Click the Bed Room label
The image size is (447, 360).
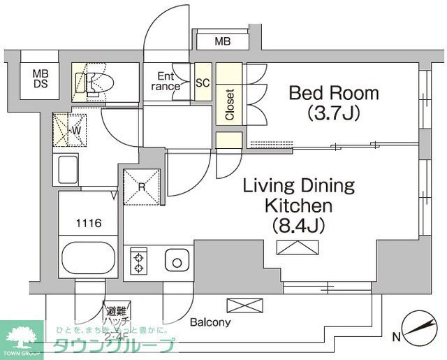pyautogui.click(x=334, y=93)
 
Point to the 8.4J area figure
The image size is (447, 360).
pyautogui.click(x=300, y=225)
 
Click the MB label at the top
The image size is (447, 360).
pyautogui.click(x=222, y=42)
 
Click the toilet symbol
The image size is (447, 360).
pyautogui.click(x=94, y=83)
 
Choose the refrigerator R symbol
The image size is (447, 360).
pyautogui.click(x=143, y=187)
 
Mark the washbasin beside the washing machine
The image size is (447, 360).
pyautogui.click(x=68, y=171)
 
